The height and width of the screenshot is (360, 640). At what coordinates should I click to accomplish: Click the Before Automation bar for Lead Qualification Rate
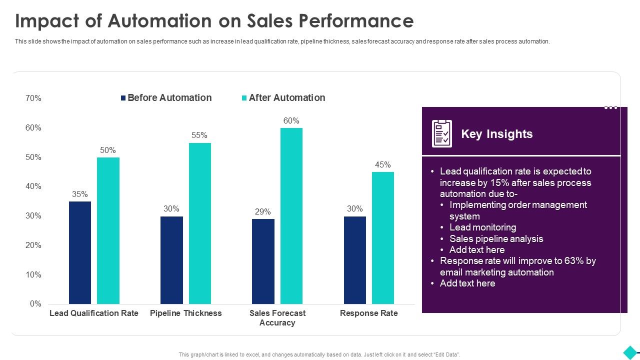[80, 252]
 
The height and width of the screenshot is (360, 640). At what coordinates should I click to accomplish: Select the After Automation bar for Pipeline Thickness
[199, 223]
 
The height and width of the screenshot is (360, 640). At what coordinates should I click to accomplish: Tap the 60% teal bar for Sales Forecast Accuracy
[291, 216]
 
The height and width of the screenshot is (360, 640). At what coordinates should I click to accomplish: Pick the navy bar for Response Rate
[355, 260]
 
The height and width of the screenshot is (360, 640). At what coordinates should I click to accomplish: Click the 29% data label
[263, 211]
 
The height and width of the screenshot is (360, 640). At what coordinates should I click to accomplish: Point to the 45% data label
[383, 164]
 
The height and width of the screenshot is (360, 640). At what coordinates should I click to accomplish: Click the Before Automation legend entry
[166, 98]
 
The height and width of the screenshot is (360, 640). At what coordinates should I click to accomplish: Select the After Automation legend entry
[283, 98]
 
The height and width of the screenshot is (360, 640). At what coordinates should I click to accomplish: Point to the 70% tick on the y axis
[33, 98]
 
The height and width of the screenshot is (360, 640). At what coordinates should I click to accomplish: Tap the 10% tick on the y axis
[33, 275]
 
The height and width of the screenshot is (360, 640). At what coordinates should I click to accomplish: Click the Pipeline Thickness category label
[186, 313]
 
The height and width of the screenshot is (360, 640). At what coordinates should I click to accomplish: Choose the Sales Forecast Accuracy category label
[277, 318]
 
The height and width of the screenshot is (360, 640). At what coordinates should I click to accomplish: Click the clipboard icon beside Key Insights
[442, 133]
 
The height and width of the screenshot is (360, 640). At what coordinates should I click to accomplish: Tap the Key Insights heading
[496, 134]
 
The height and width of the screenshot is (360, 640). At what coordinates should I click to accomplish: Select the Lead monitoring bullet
[482, 227]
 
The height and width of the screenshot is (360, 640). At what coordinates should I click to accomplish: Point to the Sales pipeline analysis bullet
[496, 239]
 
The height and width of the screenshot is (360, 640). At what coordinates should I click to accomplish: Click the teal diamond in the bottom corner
[630, 351]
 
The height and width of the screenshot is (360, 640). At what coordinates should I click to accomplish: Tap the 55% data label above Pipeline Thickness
[199, 135]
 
